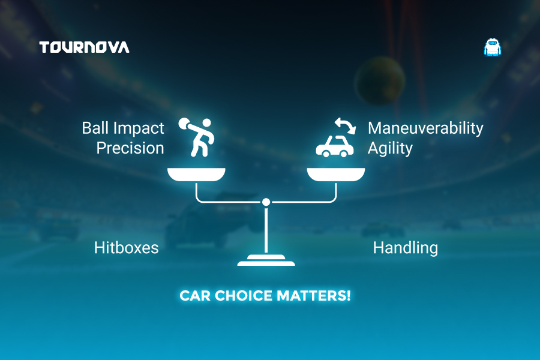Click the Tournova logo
click(85, 47)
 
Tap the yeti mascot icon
click(493, 47)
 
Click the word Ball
click(95, 128)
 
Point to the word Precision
click(130, 148)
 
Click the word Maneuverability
click(425, 128)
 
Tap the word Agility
click(390, 148)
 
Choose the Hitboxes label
click(127, 248)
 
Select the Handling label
click(406, 248)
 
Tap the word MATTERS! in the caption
click(314, 296)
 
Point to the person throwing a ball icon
click(196, 137)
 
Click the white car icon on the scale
click(335, 146)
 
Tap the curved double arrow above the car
click(345, 125)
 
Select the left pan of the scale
click(196, 175)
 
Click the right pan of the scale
click(336, 175)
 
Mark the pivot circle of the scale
click(266, 202)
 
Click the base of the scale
click(266, 260)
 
